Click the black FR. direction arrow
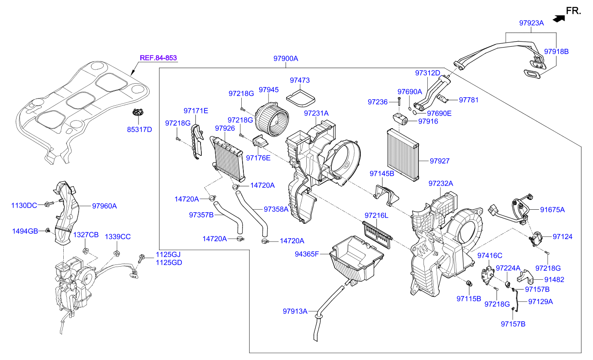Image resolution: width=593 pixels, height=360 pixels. pyautogui.click(x=559, y=18)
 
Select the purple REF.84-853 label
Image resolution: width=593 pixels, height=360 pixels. pyautogui.click(x=158, y=58)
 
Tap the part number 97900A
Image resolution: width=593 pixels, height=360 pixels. pyautogui.click(x=285, y=59)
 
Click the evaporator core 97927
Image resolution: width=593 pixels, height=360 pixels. pyautogui.click(x=402, y=154)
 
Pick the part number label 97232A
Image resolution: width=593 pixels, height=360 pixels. pyautogui.click(x=441, y=183)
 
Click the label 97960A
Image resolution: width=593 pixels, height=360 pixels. pyautogui.click(x=104, y=206)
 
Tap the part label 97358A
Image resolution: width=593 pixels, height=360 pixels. pyautogui.click(x=276, y=209)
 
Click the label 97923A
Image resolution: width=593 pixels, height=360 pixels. pyautogui.click(x=531, y=23)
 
